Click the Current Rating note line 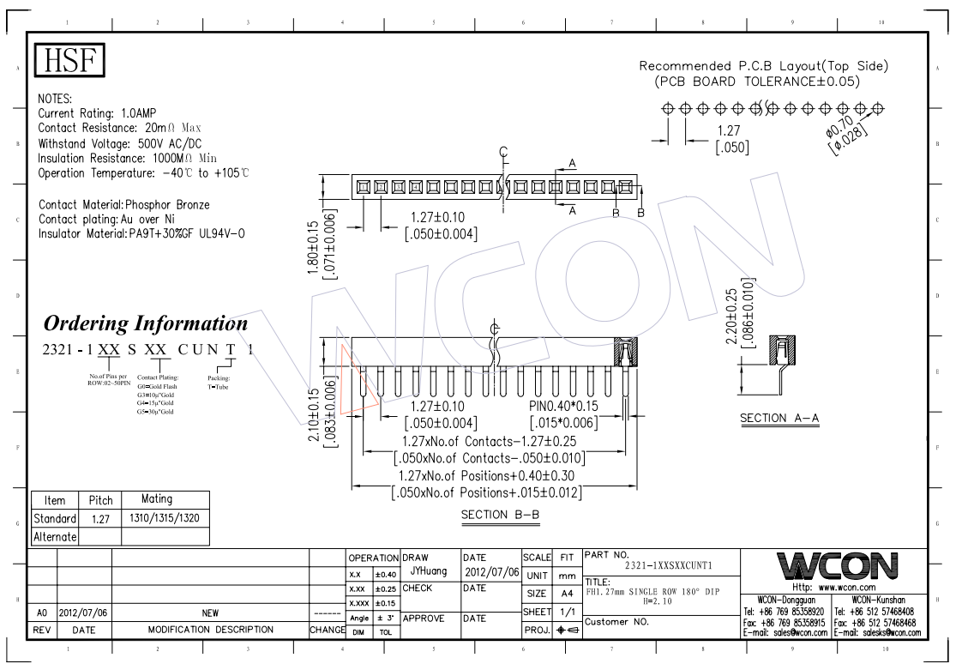pyautogui.click(x=96, y=112)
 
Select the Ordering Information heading pyautogui.click(x=146, y=323)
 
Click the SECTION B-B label pyautogui.click(x=495, y=514)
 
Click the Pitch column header pyautogui.click(x=101, y=499)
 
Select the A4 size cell pyautogui.click(x=566, y=593)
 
